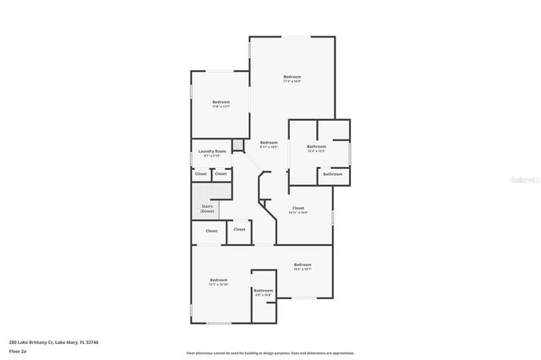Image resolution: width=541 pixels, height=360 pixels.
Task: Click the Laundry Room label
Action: coord(212,151)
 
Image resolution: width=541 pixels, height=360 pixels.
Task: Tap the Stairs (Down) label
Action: coord(207,208)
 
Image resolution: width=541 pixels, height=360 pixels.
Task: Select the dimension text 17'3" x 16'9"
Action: coord(292,82)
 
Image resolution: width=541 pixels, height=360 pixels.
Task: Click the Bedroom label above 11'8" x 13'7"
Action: coord(221,102)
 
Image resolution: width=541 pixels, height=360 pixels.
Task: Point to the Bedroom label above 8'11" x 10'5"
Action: coord(269,142)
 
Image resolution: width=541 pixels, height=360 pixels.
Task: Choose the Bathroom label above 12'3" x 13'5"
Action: coord(316,146)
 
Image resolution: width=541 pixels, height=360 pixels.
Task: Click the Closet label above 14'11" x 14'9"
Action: coord(298,208)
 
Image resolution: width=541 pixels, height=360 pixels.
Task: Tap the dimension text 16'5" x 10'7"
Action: coord(303,270)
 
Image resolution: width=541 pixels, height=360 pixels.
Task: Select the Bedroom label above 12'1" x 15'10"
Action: coord(219,280)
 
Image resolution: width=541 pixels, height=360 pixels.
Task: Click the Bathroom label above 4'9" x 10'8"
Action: coord(264,291)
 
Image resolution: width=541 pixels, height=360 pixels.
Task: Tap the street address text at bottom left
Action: coord(54,342)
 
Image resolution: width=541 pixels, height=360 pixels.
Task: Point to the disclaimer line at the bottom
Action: coord(270,353)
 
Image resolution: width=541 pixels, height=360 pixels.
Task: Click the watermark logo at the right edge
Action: coord(524,180)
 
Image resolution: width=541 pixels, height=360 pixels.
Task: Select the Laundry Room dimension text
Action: coord(212,156)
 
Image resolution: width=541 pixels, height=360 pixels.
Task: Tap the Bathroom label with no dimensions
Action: coord(332,174)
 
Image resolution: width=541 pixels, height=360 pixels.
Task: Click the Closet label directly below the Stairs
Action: coord(211,231)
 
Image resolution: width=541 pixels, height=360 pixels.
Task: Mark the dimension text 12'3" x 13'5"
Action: coord(316,151)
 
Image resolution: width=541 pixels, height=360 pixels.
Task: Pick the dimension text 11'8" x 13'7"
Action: coord(221,107)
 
